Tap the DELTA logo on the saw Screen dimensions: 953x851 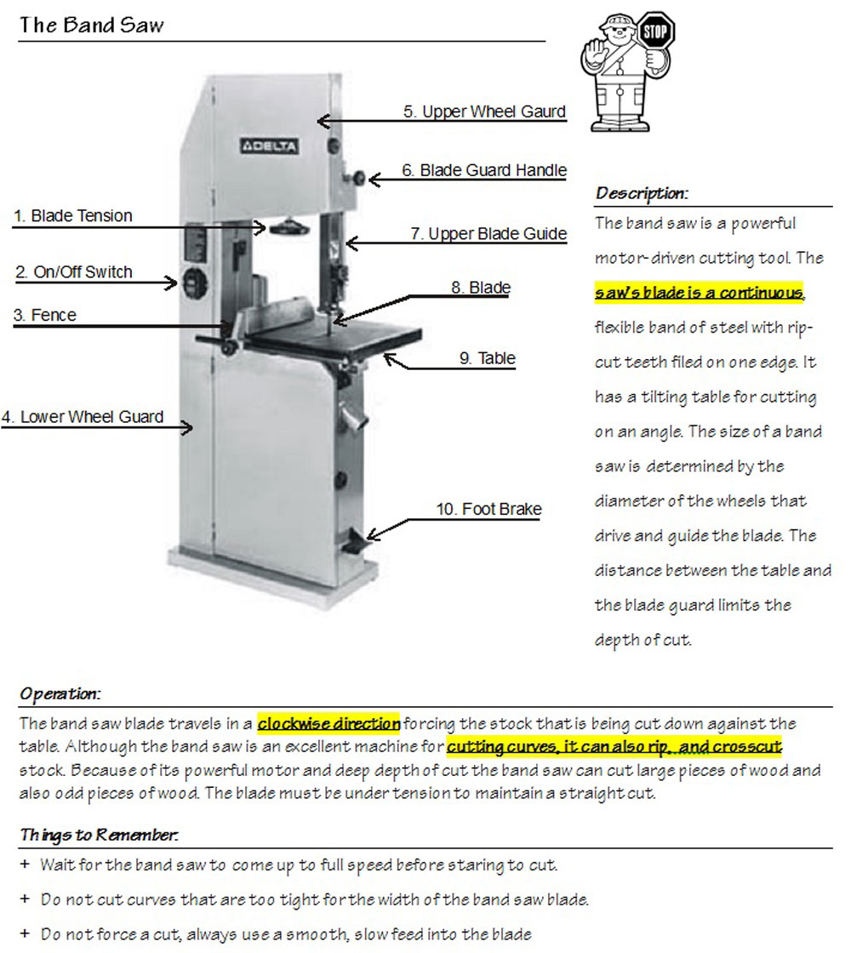click(x=269, y=146)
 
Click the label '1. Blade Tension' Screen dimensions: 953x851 click(x=74, y=216)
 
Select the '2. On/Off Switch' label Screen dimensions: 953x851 click(x=75, y=272)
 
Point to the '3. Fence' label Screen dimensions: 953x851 click(x=45, y=316)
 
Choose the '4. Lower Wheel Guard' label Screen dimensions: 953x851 click(x=83, y=417)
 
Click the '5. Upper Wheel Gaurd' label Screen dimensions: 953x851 click(x=484, y=111)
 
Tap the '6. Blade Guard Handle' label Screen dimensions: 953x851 click(x=484, y=170)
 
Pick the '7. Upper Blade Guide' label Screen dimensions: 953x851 click(x=488, y=233)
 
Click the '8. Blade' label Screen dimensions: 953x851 click(x=481, y=288)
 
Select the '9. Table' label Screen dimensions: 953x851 click(x=488, y=358)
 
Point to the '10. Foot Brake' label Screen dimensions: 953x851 click(x=489, y=509)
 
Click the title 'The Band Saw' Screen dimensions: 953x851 click(x=91, y=25)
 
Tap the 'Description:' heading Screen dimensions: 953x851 click(x=642, y=193)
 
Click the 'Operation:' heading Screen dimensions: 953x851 click(x=60, y=693)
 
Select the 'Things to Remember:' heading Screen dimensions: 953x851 click(x=99, y=835)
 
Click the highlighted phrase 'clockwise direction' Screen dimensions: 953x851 click(x=328, y=724)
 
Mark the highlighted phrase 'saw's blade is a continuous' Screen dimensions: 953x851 click(x=699, y=293)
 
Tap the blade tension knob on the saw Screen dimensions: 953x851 click(x=289, y=226)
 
